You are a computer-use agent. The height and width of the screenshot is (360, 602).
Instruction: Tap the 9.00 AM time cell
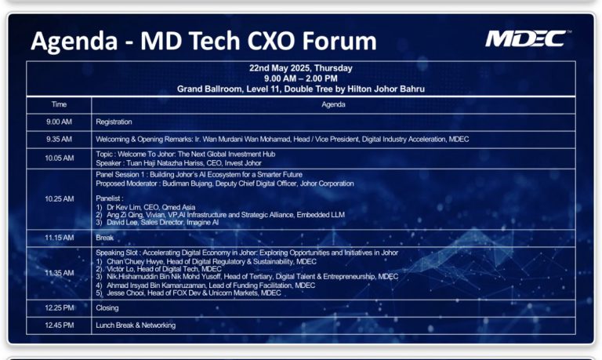click(x=59, y=122)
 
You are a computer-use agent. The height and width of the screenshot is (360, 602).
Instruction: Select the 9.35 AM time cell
click(x=59, y=139)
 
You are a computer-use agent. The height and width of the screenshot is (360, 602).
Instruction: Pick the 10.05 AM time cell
click(x=59, y=158)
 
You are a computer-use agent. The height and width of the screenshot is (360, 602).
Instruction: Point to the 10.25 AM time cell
click(x=59, y=198)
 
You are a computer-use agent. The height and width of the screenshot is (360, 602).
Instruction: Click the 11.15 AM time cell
click(x=59, y=238)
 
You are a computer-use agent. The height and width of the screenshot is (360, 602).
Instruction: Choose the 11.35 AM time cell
click(x=59, y=273)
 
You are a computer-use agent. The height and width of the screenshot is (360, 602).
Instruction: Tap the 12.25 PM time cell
click(x=59, y=307)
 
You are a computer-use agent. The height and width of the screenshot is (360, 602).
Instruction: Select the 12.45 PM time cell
click(x=59, y=325)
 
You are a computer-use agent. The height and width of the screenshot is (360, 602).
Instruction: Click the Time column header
click(x=59, y=104)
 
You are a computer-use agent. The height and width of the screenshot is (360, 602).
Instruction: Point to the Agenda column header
click(x=333, y=104)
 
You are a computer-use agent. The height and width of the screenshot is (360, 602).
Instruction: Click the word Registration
click(x=114, y=122)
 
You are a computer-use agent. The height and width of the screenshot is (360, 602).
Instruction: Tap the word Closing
click(x=107, y=308)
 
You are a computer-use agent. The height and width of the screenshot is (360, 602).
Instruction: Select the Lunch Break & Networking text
click(x=136, y=325)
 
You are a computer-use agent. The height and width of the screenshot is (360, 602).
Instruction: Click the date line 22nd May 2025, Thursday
click(x=301, y=68)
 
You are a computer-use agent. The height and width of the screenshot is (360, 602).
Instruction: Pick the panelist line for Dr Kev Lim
click(x=146, y=207)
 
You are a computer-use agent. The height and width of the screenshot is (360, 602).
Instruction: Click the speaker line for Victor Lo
click(x=159, y=269)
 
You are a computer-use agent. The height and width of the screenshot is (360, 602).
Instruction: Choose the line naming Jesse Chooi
click(x=188, y=293)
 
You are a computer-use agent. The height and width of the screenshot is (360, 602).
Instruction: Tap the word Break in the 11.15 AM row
click(x=105, y=238)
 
